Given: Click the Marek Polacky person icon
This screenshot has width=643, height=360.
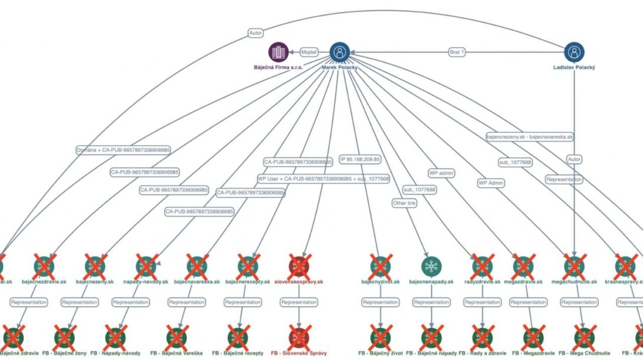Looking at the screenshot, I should click(x=339, y=52).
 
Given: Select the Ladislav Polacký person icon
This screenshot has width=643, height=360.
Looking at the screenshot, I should click(x=574, y=52).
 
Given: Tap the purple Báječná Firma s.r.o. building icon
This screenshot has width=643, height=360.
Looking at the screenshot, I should click(x=278, y=52).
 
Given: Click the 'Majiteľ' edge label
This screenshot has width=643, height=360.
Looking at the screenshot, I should click(x=309, y=52).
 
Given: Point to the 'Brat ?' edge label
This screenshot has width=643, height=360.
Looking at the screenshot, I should click(x=457, y=52).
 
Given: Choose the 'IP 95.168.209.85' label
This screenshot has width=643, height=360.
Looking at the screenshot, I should click(x=360, y=159).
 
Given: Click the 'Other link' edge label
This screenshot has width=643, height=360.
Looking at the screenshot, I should click(x=404, y=203).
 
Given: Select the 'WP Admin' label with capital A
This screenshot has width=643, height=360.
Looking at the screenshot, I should click(x=491, y=183).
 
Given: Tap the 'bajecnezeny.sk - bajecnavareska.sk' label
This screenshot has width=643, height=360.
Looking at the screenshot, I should click(x=529, y=136).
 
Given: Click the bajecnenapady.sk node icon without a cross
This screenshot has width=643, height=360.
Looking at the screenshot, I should click(x=431, y=266).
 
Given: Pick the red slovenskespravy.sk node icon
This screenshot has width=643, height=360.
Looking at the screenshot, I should click(x=299, y=266).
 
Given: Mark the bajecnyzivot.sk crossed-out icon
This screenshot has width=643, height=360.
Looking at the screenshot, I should click(x=380, y=266).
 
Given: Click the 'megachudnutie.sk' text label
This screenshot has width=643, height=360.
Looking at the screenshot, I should click(x=575, y=282).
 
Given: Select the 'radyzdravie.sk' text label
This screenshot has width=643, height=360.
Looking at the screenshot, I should click(x=482, y=282).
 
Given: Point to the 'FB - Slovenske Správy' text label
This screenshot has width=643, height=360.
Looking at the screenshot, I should click(x=299, y=353).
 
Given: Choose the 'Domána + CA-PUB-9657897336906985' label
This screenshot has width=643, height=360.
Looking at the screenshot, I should click(x=123, y=150).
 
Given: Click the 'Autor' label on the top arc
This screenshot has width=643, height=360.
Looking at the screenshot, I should click(x=255, y=34).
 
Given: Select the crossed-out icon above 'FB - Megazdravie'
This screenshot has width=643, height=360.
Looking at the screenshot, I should click(x=532, y=336).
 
